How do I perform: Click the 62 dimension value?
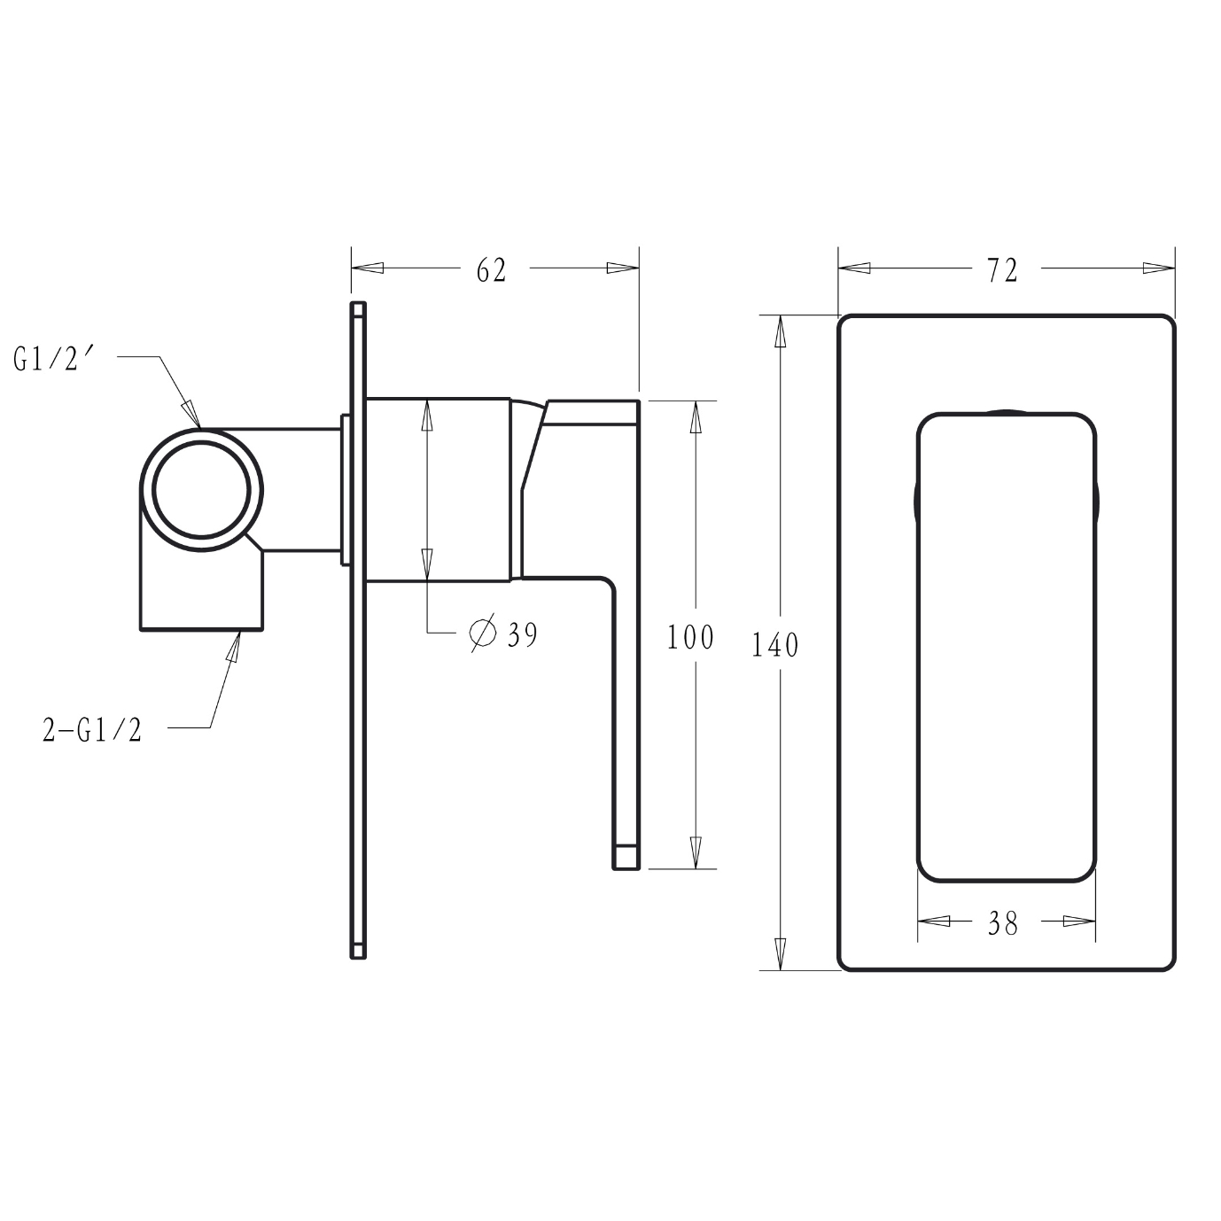point(491,270)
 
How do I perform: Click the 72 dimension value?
point(1002,270)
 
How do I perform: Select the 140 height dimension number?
point(775,645)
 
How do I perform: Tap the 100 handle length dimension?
point(690,637)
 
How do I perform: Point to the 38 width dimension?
point(1002,924)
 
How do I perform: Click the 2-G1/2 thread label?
point(92,730)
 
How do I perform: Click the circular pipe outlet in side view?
point(201,489)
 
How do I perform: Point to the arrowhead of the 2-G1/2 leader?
point(235,646)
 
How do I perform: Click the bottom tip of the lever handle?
point(626,859)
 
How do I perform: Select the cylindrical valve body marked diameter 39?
point(439,490)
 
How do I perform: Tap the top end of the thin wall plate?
point(358,310)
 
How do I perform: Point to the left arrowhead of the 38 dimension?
point(931,922)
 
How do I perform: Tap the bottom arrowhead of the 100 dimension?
point(696,852)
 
